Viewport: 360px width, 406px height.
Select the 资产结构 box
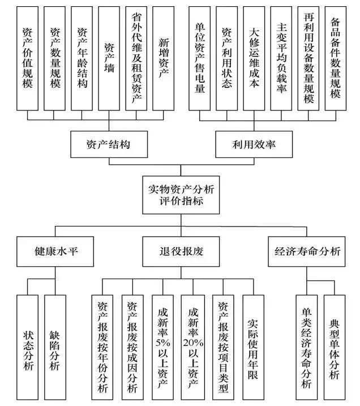108,144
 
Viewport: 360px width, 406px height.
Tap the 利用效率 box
254,144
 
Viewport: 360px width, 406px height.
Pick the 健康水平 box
54,251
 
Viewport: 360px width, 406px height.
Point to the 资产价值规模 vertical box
28,58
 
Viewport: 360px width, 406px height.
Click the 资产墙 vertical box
109,58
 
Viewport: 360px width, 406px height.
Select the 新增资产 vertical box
163,58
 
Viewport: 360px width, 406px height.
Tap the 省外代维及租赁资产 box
136,58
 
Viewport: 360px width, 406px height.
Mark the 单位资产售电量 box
200,58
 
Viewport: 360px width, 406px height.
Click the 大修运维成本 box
254,58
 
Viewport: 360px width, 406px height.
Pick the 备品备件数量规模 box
335,58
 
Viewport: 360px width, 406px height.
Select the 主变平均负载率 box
281,58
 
